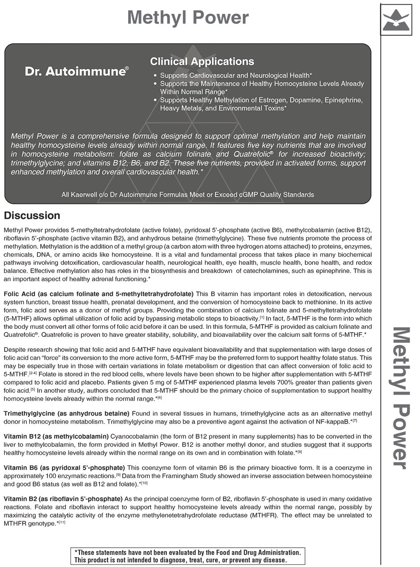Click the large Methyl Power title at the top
tap(188, 18)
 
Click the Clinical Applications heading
tap(202, 62)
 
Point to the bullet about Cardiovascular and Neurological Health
tap(236, 75)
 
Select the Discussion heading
tap(32, 216)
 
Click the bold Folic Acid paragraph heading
tap(98, 294)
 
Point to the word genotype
tap(42, 523)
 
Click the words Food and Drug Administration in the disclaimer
tap(256, 553)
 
